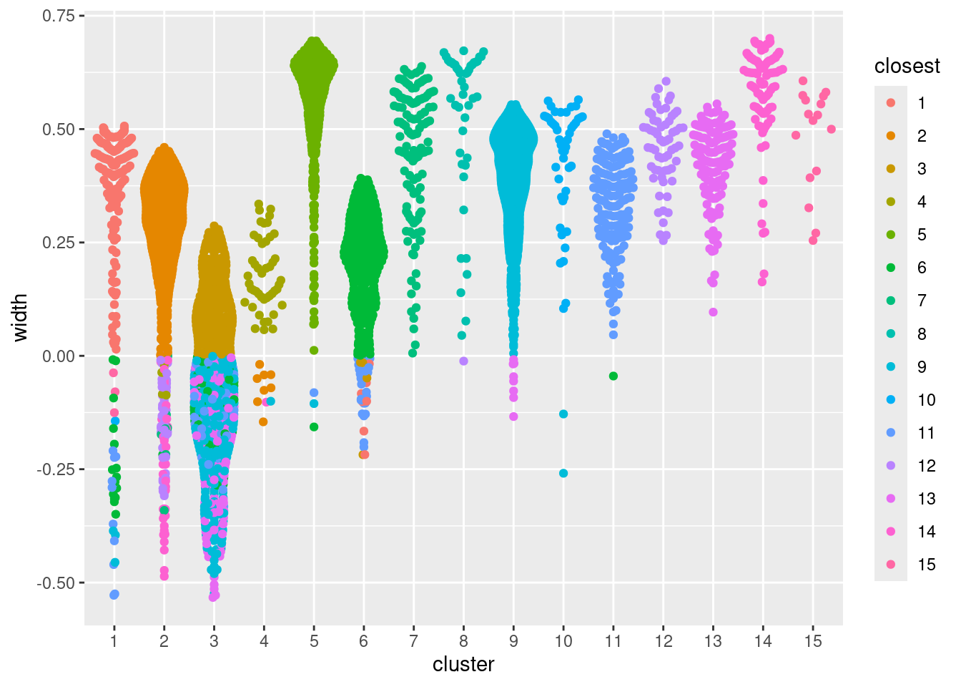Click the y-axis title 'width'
tap(20, 317)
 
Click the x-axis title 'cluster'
tap(463, 665)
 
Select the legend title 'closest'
tap(907, 67)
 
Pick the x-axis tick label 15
tap(813, 641)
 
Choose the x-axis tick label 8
tap(463, 641)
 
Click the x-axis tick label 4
tap(264, 641)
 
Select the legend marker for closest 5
tap(891, 235)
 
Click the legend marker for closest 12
tap(891, 466)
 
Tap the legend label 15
tap(927, 565)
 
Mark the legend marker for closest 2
tap(891, 136)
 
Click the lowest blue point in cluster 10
tap(563, 473)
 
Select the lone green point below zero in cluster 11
tap(613, 376)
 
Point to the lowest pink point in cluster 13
tap(713, 312)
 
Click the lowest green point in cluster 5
tap(314, 427)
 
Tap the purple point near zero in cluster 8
tap(463, 361)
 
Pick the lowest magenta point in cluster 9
tap(513, 416)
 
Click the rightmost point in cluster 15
tap(831, 130)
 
